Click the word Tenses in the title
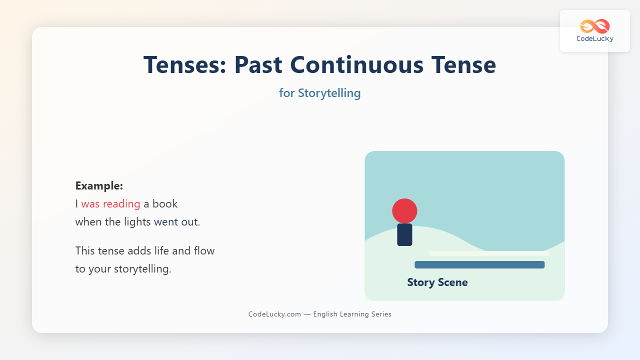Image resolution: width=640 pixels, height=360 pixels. coord(185,65)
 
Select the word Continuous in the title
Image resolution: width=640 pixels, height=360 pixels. coord(356,65)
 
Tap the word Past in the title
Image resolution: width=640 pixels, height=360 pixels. coord(258,65)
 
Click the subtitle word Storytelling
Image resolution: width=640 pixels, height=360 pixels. coord(329,93)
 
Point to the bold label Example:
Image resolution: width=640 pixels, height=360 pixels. coord(99,186)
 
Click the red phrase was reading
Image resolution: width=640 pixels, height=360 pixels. coord(110,204)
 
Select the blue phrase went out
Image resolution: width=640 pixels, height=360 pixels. coord(175,222)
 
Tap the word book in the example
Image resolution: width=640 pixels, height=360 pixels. coord(165,203)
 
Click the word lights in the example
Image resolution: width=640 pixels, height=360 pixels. coord(137,222)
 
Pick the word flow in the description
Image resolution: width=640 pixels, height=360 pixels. coord(204,251)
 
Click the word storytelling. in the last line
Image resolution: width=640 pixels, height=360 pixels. coord(142,269)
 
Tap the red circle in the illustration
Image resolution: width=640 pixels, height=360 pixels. coord(404,211)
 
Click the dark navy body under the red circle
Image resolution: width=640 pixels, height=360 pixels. coord(404,234)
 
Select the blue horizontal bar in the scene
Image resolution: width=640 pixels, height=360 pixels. coord(479,264)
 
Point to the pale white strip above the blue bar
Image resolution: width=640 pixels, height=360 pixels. coord(489,253)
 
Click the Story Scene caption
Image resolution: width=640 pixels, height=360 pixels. coord(437,282)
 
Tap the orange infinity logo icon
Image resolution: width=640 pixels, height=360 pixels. coord(595,26)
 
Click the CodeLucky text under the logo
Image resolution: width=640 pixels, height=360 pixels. coord(595,39)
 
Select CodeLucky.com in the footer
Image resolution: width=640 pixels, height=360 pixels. coord(274,314)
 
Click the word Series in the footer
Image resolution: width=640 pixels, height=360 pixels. coord(381,314)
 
